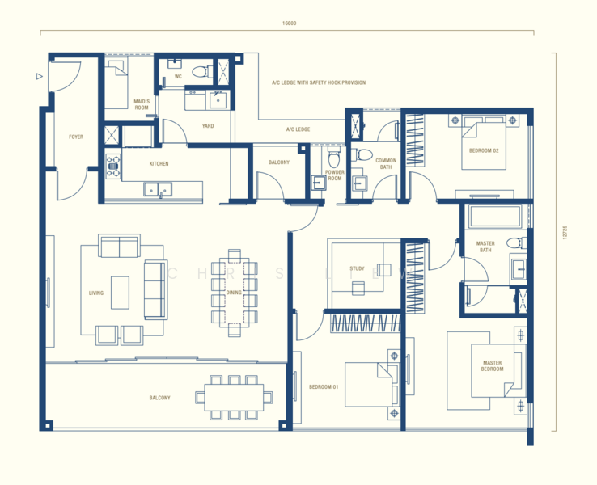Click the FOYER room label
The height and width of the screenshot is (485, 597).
pos(76,137)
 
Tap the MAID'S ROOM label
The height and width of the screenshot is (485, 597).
pos(142,104)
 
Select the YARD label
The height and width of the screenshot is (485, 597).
pos(208,126)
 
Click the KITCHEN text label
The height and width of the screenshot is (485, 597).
pos(159,164)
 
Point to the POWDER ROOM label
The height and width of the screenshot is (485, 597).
pos(335,175)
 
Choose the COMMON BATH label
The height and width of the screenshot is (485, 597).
pos(386,164)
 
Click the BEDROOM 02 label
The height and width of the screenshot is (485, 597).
pos(484,151)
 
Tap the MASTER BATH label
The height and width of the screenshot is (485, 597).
pos(485,247)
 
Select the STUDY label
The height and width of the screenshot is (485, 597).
pos(357,268)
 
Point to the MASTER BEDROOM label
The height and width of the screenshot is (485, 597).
pos(492,366)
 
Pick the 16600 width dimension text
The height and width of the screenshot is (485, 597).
pos(289,23)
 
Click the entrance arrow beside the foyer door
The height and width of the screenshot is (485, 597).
pos(39,78)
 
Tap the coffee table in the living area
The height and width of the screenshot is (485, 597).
pos(121,293)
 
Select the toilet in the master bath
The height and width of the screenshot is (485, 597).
pos(512,243)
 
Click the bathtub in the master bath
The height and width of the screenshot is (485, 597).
pos(493,217)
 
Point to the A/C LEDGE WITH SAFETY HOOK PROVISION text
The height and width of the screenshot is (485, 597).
pos(319,82)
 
